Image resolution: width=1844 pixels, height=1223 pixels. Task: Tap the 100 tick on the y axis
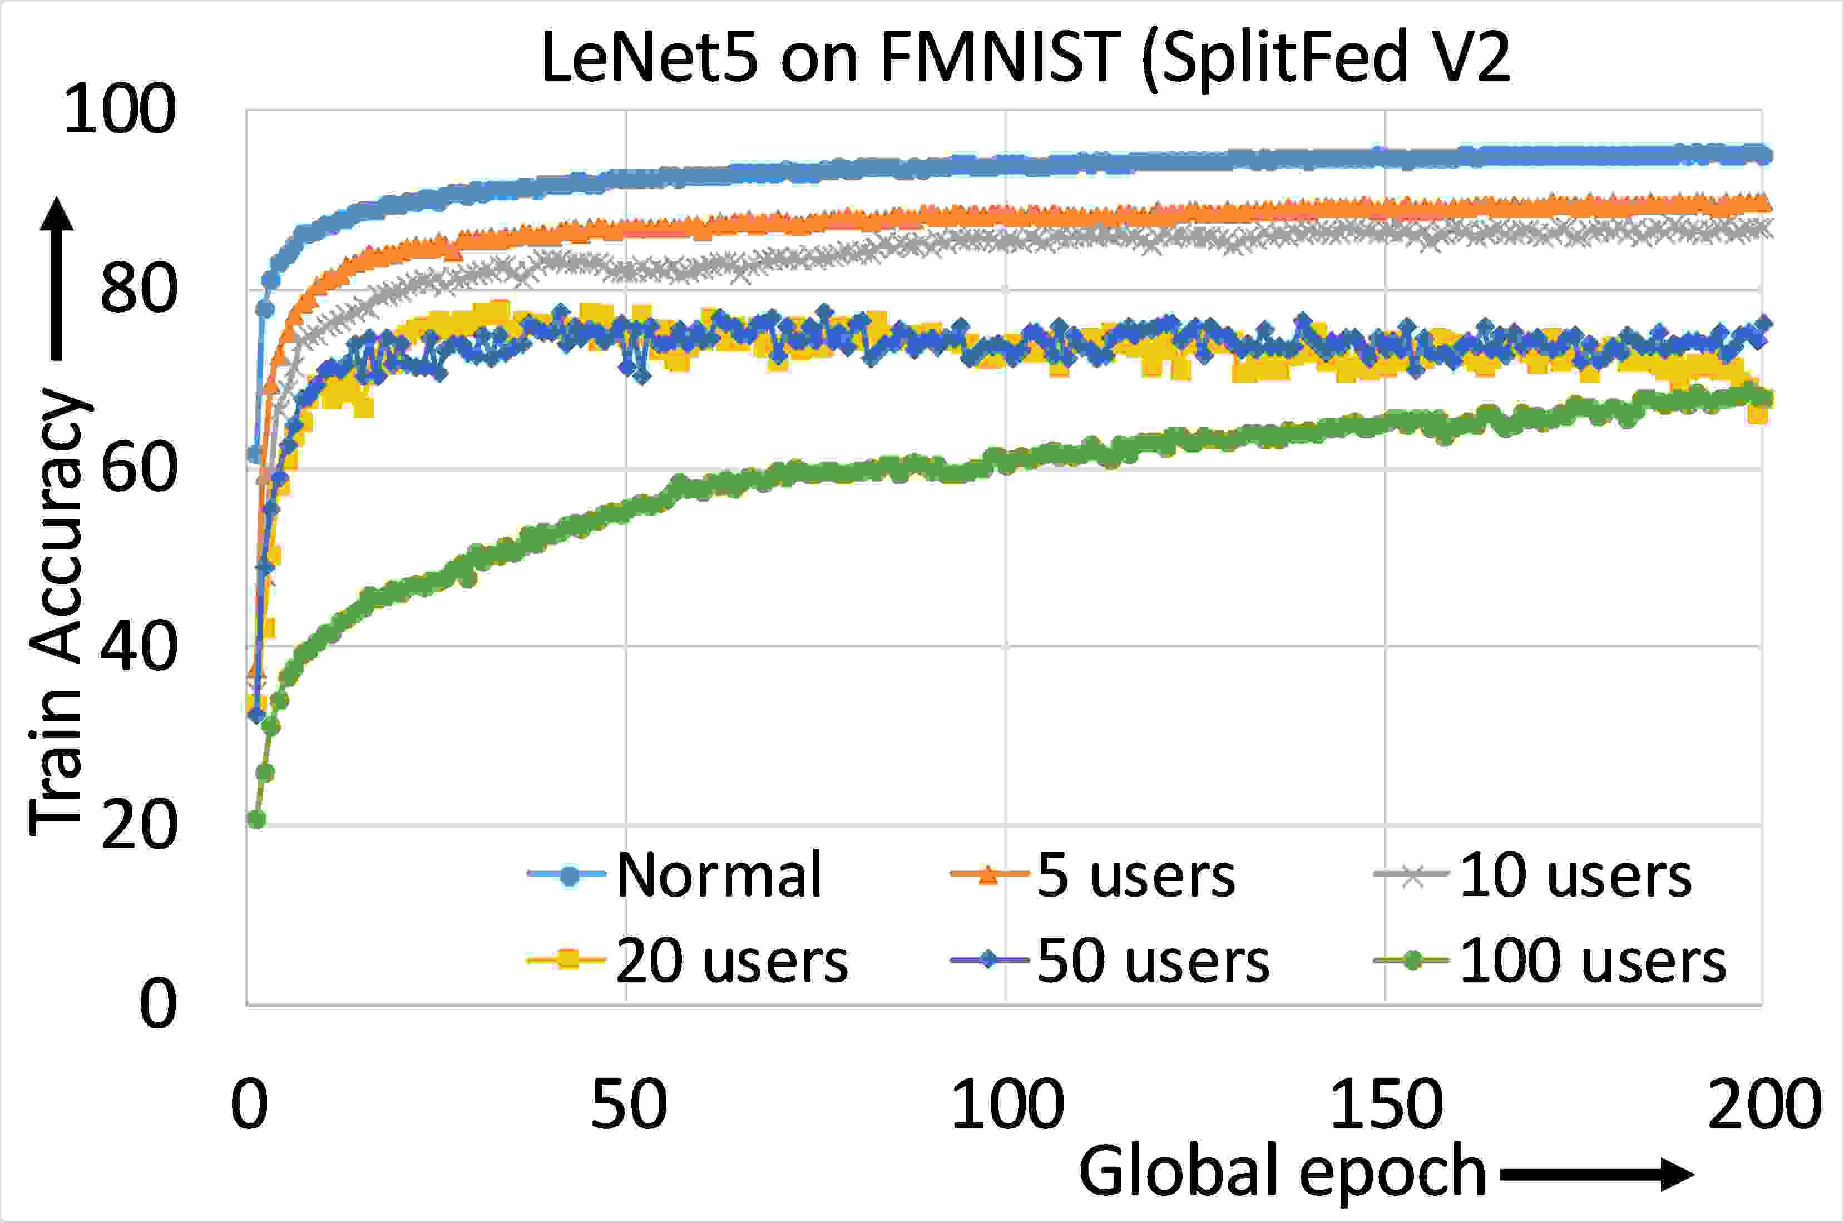[x=120, y=110]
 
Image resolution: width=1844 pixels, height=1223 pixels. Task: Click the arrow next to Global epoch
[x=1596, y=1175]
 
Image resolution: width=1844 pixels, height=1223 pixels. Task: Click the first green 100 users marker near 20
[x=256, y=819]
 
